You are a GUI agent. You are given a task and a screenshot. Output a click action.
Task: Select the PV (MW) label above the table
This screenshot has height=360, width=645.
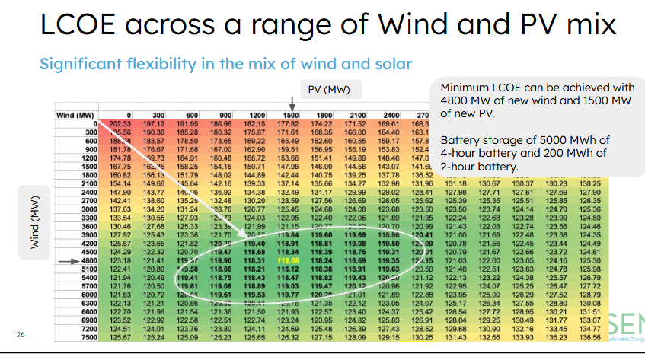(329, 90)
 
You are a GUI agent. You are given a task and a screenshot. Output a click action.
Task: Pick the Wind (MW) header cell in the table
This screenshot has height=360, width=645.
(75, 115)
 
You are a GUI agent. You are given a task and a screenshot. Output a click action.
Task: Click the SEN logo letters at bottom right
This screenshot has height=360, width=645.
(625, 327)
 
